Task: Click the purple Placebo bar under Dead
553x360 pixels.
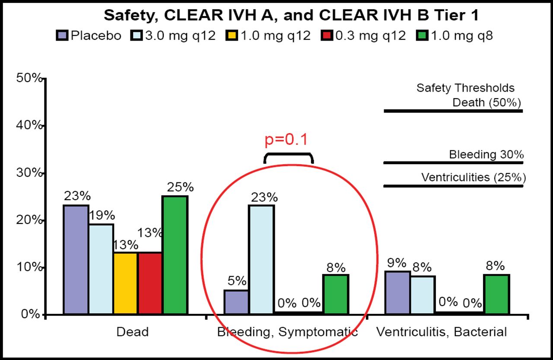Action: (x=76, y=259)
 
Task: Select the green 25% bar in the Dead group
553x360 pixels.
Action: (x=175, y=255)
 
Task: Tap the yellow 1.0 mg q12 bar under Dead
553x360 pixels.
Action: (x=125, y=283)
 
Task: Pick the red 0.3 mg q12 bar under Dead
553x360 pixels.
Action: (x=150, y=283)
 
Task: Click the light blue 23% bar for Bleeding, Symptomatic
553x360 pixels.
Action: (x=261, y=259)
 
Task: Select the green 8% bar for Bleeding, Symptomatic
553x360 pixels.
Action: (x=336, y=294)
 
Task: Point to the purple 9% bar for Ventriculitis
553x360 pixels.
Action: (x=397, y=292)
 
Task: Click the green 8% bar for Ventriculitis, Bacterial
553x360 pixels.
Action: (x=497, y=294)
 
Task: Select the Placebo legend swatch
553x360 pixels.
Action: (x=62, y=36)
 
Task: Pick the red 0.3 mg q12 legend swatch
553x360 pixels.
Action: (x=326, y=36)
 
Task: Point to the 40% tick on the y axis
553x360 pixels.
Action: (x=44, y=125)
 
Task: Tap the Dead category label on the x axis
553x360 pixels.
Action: (x=133, y=332)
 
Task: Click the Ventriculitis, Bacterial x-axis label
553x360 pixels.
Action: (x=441, y=332)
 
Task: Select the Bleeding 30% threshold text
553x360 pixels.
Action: (x=486, y=154)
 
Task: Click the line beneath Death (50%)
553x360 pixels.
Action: (x=453, y=111)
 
